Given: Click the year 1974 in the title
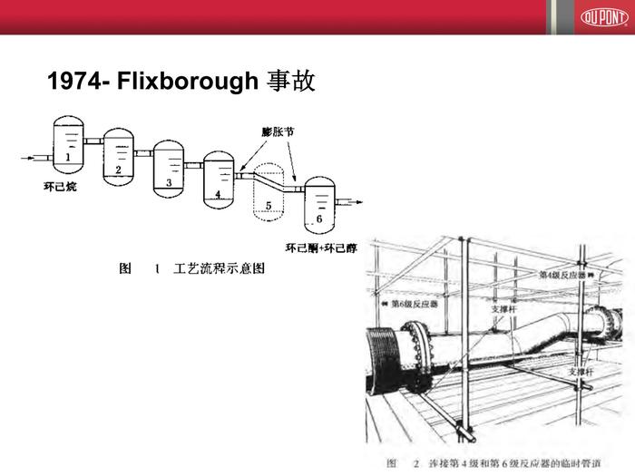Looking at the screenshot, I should (x=74, y=83).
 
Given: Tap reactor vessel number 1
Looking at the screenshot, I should (x=66, y=145).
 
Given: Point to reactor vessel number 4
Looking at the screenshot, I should (x=219, y=179).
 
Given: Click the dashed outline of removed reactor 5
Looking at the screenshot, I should (x=268, y=195).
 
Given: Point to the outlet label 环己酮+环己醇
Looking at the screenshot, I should (x=320, y=248).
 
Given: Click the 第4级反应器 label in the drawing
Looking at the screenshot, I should (x=563, y=274).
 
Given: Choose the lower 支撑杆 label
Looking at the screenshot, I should (x=580, y=372).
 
